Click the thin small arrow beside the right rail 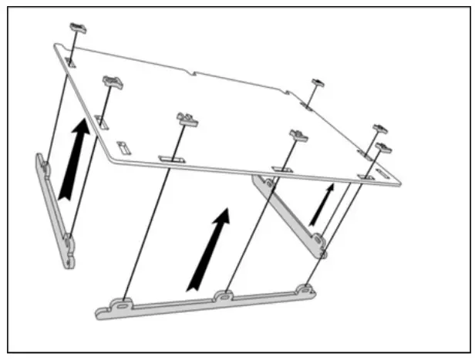coord(323,204)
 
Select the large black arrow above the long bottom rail coord(210,248)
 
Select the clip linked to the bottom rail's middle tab coord(298,136)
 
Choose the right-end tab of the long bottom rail coord(305,290)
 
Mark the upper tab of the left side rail coord(45,167)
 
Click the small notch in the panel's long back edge coord(197,76)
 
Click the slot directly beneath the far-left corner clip coord(69,61)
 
